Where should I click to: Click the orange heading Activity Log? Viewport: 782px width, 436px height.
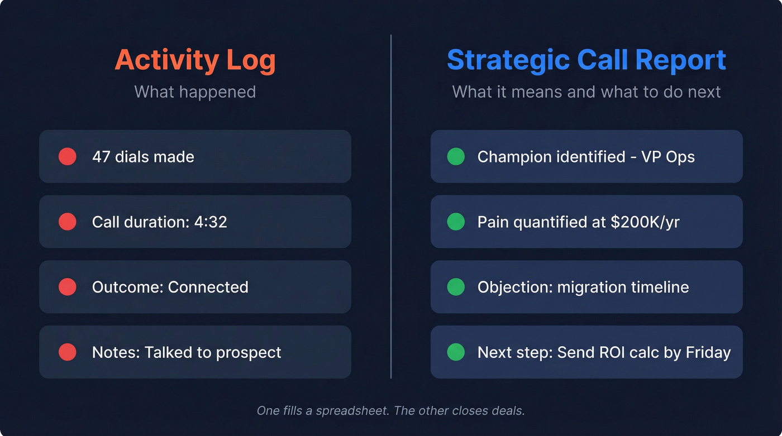195,60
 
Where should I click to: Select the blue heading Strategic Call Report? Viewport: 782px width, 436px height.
586,60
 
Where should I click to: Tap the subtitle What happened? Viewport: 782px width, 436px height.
195,92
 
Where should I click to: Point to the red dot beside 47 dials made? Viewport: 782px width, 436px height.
67,157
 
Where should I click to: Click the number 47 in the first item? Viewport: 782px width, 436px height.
101,157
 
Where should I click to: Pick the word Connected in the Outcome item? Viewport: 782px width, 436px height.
208,287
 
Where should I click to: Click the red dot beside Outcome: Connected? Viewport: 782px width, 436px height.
67,287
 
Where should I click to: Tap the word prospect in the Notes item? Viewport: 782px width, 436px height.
249,353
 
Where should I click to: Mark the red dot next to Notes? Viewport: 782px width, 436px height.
67,352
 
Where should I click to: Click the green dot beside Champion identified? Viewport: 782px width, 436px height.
456,157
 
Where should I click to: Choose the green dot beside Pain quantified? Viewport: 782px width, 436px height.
456,222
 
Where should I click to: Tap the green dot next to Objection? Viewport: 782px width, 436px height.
456,287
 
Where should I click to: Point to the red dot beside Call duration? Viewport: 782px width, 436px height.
67,222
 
